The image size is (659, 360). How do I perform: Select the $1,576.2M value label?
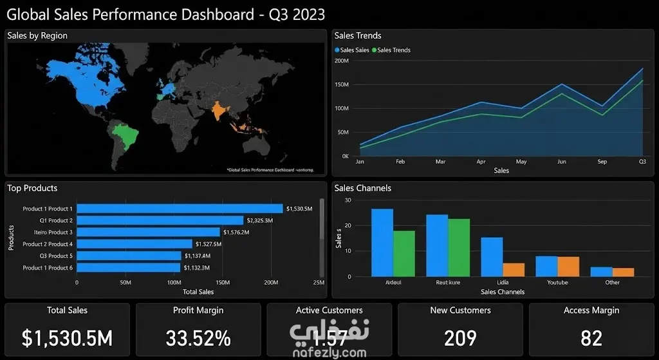point(236,232)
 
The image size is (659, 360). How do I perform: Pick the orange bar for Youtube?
point(568,267)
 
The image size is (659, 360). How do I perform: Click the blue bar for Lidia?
point(492,257)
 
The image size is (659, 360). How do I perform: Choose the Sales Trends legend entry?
point(393,50)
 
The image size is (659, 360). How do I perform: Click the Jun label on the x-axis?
point(562,162)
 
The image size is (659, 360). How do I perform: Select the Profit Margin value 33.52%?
point(198,337)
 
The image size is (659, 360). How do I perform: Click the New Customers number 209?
point(460,337)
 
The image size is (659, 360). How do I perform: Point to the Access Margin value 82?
point(591,337)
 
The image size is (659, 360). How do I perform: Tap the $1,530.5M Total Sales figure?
point(68,337)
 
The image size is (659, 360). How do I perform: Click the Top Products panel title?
point(32,188)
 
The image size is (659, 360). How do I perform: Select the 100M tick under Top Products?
point(174,283)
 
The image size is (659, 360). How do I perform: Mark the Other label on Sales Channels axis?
point(613,283)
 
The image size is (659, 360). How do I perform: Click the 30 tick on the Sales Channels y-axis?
point(348,200)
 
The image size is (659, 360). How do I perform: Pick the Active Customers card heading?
point(329,310)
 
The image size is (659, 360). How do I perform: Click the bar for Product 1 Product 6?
point(129,267)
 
